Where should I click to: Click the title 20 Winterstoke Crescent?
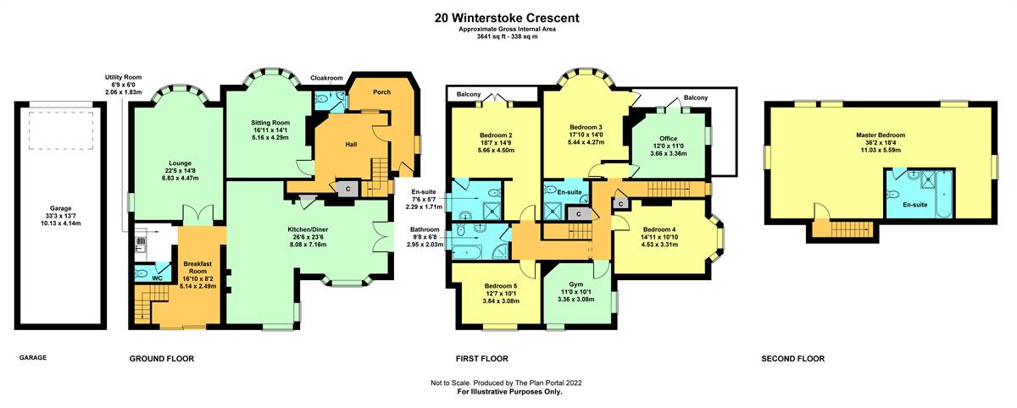(507, 18)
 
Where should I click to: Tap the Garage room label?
(60, 208)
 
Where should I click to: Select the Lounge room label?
(181, 163)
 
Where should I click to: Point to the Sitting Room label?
(270, 123)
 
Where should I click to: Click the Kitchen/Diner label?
(308, 230)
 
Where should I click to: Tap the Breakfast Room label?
(197, 267)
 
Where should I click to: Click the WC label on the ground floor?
(157, 278)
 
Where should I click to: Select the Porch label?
(382, 92)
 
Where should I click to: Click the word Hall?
(351, 145)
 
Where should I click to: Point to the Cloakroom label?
(326, 78)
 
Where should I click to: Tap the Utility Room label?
(123, 78)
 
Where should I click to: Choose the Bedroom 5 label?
(501, 286)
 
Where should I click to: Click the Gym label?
(575, 284)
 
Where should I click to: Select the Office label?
(669, 139)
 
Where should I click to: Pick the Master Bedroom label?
(881, 135)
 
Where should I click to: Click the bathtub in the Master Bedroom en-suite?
(944, 194)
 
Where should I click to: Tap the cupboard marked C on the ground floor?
(347, 189)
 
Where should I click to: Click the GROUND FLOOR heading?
(162, 359)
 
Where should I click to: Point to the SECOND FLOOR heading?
(792, 359)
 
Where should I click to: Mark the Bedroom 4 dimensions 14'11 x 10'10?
(659, 237)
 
